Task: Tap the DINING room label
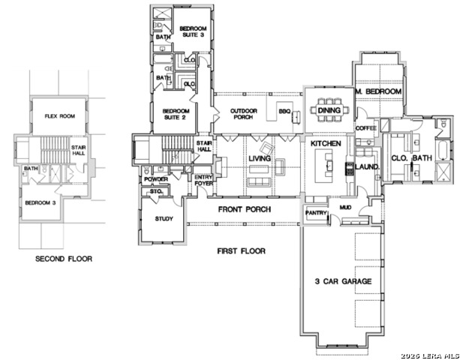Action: point(329,110)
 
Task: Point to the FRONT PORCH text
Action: point(244,209)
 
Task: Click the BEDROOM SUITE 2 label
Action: point(176,115)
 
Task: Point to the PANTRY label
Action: point(314,214)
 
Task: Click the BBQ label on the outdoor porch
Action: point(284,111)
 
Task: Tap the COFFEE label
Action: point(365,128)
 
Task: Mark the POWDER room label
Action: point(156,179)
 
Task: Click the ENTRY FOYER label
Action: point(203,180)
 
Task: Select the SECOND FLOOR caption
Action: point(64,259)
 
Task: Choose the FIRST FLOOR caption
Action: point(241,250)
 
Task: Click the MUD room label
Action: point(346,207)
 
